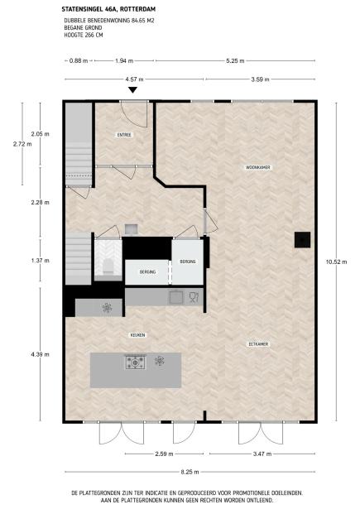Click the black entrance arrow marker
coord(132,90)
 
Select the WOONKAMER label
coord(258,166)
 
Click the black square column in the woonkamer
coord(302,239)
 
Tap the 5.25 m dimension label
coord(233,60)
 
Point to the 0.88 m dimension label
coord(79,60)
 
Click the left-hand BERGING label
coord(147,270)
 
